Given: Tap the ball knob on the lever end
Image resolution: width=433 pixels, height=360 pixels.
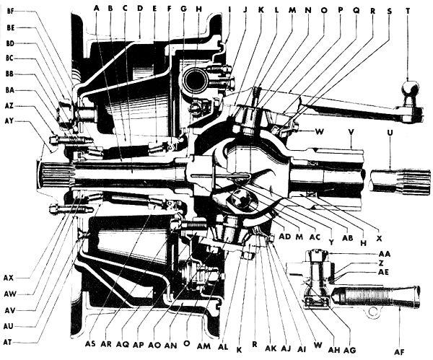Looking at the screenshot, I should [x=410, y=89].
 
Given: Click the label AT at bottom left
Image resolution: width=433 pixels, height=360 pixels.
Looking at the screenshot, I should [x=9, y=340].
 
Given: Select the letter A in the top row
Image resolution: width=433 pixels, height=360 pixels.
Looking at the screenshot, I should [x=97, y=9].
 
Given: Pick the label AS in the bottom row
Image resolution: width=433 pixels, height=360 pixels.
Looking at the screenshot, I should [x=91, y=343].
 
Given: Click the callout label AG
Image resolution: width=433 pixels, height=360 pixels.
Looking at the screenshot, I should [x=350, y=348].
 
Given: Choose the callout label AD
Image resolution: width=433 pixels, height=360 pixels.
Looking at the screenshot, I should [x=284, y=236].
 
